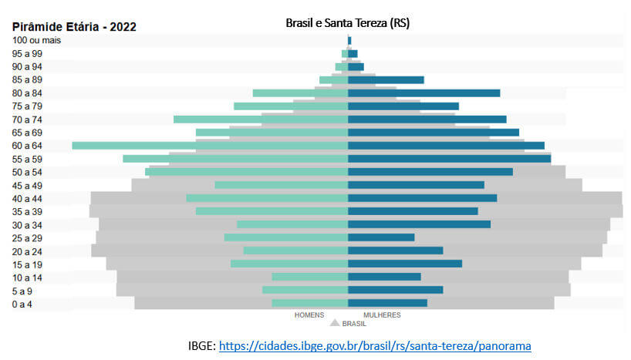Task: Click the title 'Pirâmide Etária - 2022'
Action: (74, 26)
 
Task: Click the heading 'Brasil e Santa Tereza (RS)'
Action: (347, 23)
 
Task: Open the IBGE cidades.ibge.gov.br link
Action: (375, 346)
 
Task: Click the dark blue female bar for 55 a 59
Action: (449, 158)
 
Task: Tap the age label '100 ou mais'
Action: (37, 40)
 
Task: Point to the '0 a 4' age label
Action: (23, 304)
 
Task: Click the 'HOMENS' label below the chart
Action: (309, 315)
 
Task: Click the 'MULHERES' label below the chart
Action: (382, 315)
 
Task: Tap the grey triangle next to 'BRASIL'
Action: (335, 324)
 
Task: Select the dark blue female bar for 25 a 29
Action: (381, 237)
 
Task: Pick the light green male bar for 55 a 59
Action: (235, 158)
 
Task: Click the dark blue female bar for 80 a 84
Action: (423, 93)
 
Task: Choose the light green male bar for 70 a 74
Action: (261, 119)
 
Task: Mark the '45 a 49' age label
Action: (28, 185)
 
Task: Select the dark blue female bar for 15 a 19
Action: (405, 264)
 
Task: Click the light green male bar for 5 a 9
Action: (305, 290)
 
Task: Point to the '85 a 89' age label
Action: (28, 79)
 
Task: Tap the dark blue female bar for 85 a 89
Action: (386, 79)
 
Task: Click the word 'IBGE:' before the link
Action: (202, 346)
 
